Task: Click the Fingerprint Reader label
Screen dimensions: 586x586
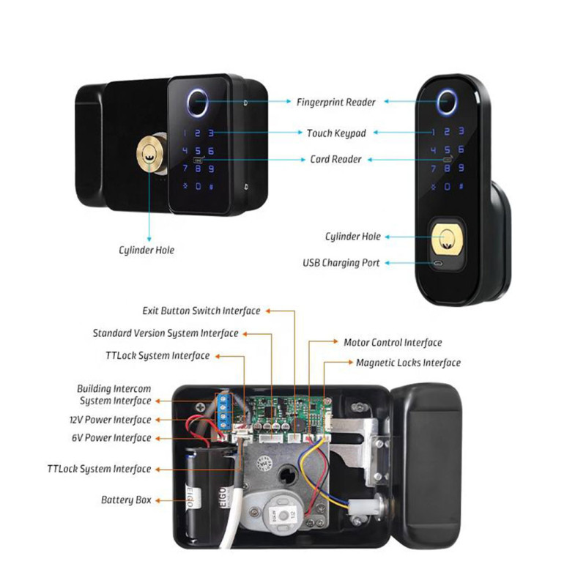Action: [336, 102]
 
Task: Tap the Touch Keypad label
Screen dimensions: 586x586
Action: [336, 133]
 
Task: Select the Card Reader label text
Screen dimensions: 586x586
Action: [335, 159]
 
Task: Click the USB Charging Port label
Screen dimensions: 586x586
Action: [341, 263]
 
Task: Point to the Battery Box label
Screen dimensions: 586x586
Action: [126, 500]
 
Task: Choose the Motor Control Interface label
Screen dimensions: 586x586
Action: [393, 342]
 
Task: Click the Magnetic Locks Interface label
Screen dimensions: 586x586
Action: [408, 363]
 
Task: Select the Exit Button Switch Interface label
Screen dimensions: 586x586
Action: [201, 311]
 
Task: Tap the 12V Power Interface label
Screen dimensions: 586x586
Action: [111, 420]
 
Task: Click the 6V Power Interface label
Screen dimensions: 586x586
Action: [111, 437]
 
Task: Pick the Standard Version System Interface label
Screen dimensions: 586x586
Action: [166, 333]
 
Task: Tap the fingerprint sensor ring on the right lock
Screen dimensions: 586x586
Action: [447, 102]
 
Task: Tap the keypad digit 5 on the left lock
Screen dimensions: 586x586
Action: [198, 150]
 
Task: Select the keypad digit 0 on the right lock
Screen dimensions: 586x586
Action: [447, 186]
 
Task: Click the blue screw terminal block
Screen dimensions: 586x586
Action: [224, 410]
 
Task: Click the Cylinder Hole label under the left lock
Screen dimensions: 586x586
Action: [146, 250]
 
